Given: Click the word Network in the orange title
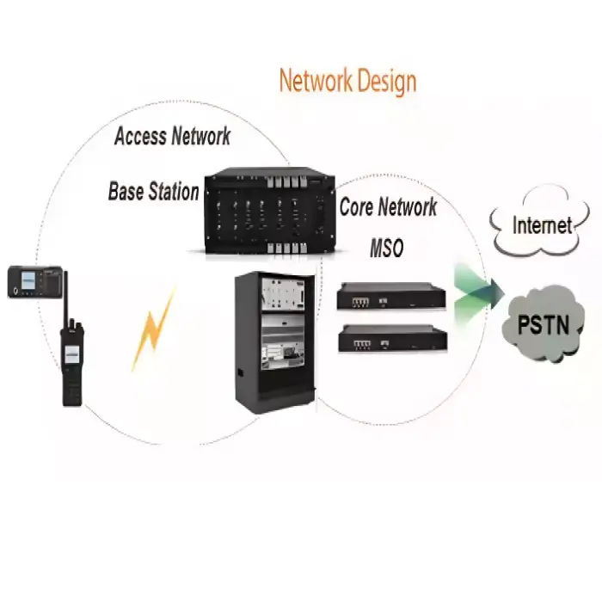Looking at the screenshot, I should click(316, 81).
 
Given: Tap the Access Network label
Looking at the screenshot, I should click(172, 136).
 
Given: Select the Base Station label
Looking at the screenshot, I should click(153, 191).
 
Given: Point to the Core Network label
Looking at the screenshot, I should click(388, 207).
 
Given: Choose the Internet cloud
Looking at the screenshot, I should click(542, 226).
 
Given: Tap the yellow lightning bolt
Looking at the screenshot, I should click(154, 331).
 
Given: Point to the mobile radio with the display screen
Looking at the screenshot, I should click(34, 281).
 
